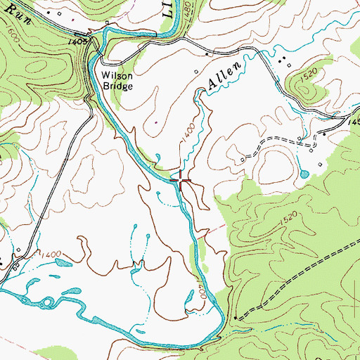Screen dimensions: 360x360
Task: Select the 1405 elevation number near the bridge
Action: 78,42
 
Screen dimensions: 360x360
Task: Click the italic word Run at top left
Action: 16,12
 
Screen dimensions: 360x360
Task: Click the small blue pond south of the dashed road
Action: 304,173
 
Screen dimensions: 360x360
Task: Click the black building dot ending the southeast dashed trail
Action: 237,317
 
